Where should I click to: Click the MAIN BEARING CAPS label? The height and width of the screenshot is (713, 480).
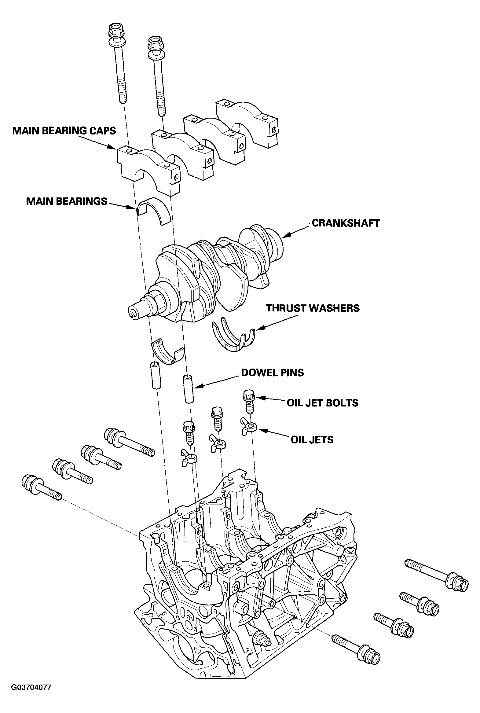(64, 131)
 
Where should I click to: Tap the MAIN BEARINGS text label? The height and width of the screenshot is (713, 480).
(67, 201)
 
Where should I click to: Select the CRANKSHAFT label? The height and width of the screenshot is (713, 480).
(346, 223)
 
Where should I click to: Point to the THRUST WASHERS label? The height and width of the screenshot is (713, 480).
(313, 308)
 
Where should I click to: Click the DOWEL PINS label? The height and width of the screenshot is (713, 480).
(273, 373)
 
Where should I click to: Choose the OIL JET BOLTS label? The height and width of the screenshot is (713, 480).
(322, 402)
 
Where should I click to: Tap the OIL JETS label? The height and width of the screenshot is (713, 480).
(312, 439)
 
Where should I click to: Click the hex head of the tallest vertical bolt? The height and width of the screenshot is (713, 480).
(115, 31)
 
